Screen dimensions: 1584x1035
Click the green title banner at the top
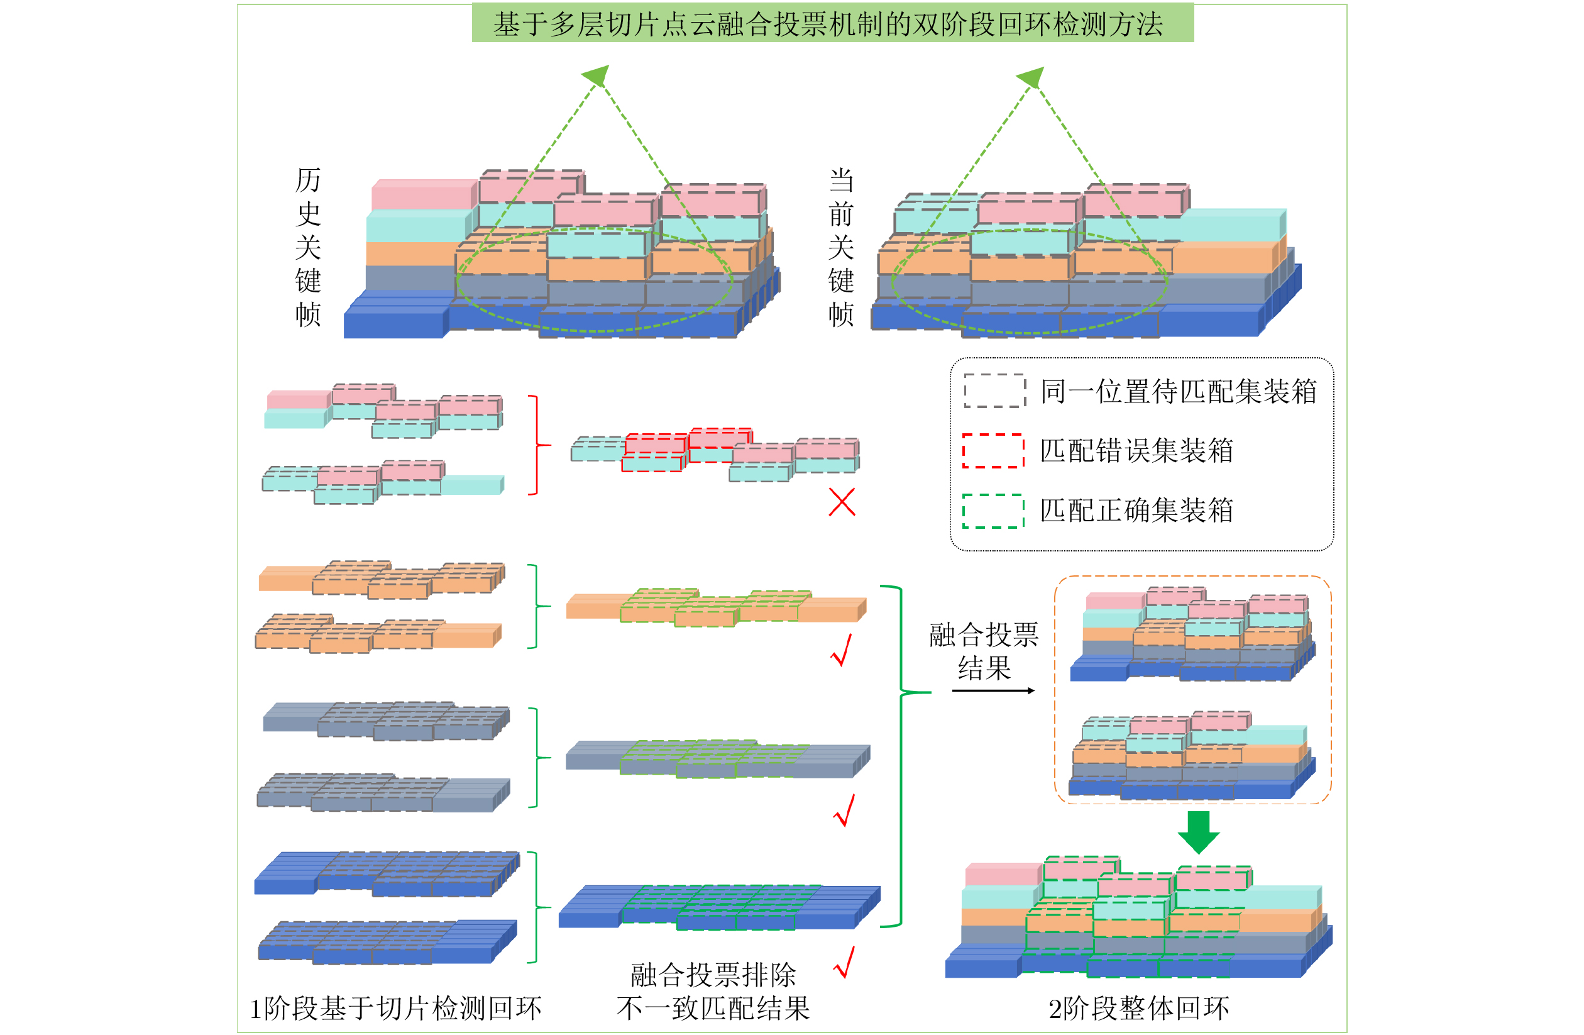(x=833, y=23)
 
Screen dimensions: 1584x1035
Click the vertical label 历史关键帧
(x=308, y=247)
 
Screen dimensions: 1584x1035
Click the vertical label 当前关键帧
(x=841, y=247)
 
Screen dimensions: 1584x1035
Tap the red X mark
(x=842, y=502)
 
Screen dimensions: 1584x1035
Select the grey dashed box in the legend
(x=994, y=390)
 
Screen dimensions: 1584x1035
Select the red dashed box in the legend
(x=993, y=451)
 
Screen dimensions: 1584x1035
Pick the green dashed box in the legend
(x=993, y=511)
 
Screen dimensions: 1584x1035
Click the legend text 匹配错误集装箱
(x=1136, y=451)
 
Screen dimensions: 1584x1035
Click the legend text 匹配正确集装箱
(x=1136, y=511)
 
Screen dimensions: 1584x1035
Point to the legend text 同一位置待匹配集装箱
(x=1178, y=390)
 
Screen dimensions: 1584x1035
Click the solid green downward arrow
(x=1199, y=832)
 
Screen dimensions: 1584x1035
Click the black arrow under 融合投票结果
(x=993, y=691)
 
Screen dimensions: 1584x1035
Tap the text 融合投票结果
(x=984, y=651)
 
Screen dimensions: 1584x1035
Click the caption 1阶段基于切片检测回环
(x=395, y=1009)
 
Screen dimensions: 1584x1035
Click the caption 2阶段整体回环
(x=1139, y=1009)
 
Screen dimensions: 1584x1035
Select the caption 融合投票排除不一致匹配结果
(x=713, y=992)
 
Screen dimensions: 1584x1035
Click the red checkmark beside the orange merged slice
(x=842, y=650)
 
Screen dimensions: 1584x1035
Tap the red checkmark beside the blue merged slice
(x=844, y=962)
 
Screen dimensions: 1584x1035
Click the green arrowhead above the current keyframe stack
(x=1031, y=77)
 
